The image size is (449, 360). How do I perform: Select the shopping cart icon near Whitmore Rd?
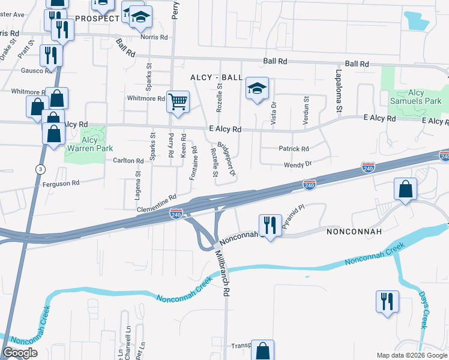178,102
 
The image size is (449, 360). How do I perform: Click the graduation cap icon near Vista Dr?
256,89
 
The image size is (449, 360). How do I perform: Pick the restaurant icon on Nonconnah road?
270,225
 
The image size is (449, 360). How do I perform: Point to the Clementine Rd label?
156,201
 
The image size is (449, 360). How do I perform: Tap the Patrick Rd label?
294,149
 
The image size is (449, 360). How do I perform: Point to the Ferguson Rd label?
60,183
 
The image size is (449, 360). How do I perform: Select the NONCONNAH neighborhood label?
351,230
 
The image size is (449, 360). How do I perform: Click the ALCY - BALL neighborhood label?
216,78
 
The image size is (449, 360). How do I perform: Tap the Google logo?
20,353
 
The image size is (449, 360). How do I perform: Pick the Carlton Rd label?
128,161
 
